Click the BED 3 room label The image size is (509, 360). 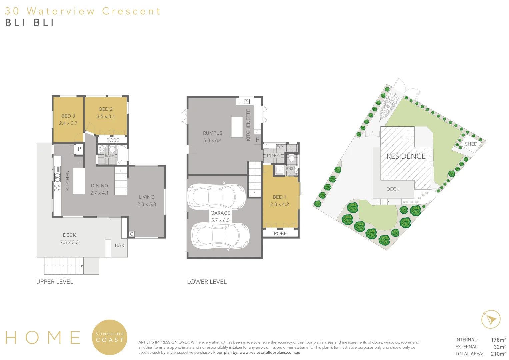(68, 116)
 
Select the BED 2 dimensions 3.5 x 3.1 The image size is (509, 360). (106, 116)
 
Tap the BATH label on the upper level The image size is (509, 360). (110, 155)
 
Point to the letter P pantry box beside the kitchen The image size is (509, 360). (79, 149)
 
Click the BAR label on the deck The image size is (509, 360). (119, 245)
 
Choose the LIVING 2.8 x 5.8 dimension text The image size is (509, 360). (147, 204)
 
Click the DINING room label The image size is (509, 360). (99, 186)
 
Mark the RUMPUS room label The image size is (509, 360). (212, 133)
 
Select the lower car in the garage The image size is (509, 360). (220, 236)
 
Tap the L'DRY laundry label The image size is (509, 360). (273, 156)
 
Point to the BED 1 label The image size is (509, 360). (279, 197)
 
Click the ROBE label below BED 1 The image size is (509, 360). (280, 233)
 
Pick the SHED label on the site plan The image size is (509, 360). (471, 144)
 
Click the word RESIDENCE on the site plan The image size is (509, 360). (406, 156)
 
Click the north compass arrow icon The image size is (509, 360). (491, 319)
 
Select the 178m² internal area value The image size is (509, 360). (498, 340)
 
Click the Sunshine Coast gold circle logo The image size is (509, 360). (110, 337)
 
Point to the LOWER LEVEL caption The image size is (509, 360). (207, 282)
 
